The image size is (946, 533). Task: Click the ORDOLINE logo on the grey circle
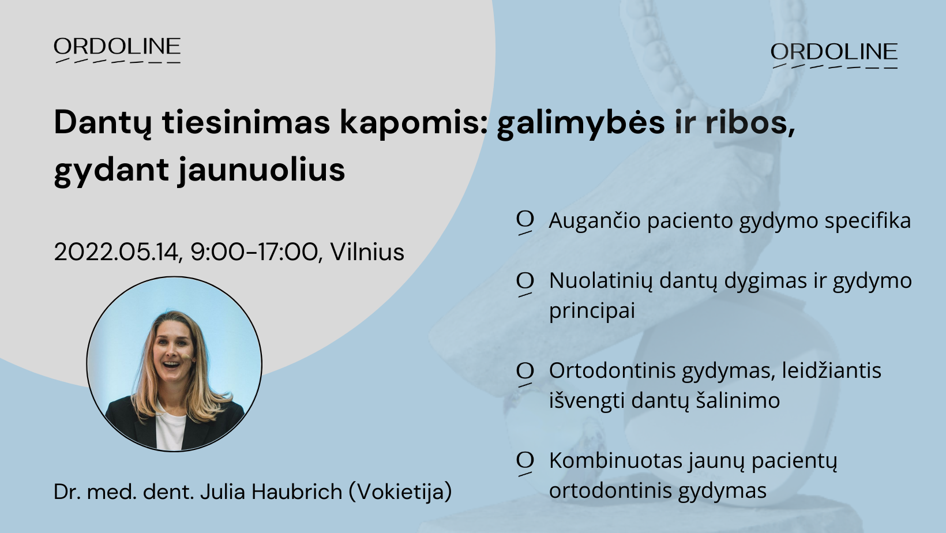coord(117,50)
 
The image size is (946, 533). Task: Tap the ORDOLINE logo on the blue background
coord(834,55)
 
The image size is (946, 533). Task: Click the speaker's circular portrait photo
coord(174,363)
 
